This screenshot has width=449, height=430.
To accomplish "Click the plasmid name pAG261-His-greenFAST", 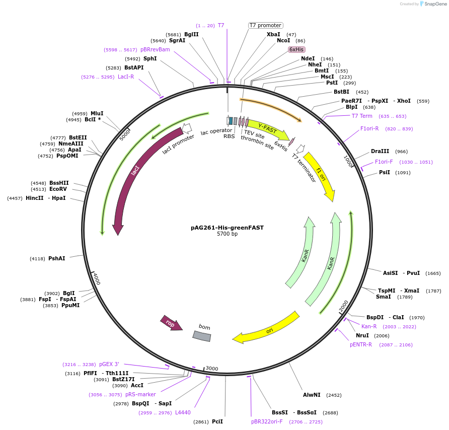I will (x=227, y=228).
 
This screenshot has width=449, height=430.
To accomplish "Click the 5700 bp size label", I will (x=227, y=234).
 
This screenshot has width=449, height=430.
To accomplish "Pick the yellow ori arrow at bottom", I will (x=267, y=330).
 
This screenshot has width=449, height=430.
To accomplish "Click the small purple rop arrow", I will (x=171, y=324).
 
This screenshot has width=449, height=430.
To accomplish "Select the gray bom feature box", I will (x=202, y=336).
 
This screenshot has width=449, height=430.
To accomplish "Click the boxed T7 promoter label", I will (x=266, y=25).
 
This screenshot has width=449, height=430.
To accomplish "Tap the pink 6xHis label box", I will (x=296, y=49).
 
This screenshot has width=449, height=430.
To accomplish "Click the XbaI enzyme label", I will (x=273, y=34).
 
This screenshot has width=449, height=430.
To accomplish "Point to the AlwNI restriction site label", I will (x=312, y=395).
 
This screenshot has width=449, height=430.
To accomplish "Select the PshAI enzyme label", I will (x=56, y=258).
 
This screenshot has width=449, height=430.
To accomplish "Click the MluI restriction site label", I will (x=97, y=113).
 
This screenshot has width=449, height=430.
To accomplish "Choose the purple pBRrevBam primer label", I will (x=155, y=49).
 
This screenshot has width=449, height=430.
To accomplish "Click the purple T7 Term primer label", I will (x=362, y=116).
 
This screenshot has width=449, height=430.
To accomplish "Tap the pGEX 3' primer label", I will (x=109, y=364).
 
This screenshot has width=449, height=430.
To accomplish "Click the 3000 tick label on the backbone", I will (x=212, y=369).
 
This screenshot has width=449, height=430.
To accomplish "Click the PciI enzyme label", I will (x=217, y=421).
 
